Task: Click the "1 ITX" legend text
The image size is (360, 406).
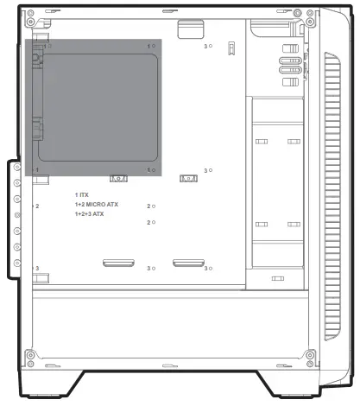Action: [82, 195]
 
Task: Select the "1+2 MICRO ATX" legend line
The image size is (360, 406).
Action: [97, 205]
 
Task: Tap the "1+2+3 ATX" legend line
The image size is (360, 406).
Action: [89, 214]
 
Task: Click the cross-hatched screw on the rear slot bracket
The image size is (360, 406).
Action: [17, 215]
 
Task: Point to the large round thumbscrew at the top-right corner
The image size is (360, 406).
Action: [298, 13]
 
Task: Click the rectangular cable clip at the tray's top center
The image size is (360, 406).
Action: [191, 29]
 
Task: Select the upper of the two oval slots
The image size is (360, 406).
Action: [290, 60]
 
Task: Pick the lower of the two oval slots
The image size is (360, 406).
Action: [290, 70]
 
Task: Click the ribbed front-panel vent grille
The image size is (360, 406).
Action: [332, 196]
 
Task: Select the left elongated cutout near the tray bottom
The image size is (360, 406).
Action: [118, 263]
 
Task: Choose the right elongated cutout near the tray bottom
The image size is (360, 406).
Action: [188, 263]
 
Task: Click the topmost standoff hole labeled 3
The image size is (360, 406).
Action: [211, 46]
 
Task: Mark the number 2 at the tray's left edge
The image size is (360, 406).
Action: [37, 206]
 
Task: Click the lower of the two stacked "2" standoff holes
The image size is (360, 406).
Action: [154, 222]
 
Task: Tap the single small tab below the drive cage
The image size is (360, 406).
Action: [278, 278]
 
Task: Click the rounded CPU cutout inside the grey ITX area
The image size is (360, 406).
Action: [98, 107]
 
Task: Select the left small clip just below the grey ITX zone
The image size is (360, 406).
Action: [118, 179]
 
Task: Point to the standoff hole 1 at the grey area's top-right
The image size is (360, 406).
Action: [154, 46]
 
